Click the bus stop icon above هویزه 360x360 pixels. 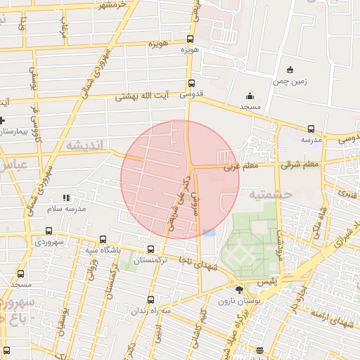(191, 39)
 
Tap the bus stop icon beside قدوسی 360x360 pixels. (192, 83)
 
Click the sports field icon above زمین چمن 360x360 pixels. (290, 70)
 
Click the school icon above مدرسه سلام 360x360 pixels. (67, 198)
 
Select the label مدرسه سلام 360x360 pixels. (66, 209)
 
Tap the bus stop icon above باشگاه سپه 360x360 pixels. (103, 240)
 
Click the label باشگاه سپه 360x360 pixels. (102, 250)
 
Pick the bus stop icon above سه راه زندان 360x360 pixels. (151, 300)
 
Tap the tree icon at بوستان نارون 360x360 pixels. (240, 289)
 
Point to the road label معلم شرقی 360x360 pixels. (300, 165)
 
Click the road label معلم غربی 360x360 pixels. (243, 167)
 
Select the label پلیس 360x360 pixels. (269, 280)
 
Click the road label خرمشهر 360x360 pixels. (113, 6)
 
